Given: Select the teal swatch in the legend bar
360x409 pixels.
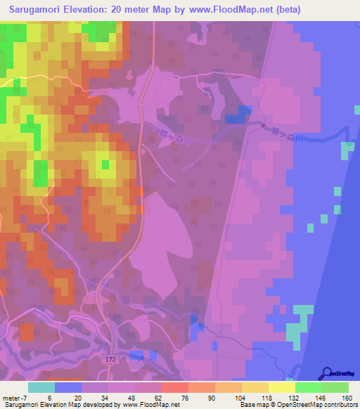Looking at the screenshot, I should [x=41, y=387].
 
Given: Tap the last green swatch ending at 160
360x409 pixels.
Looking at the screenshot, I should [x=335, y=387].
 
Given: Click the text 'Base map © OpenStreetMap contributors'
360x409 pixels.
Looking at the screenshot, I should [x=297, y=405].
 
